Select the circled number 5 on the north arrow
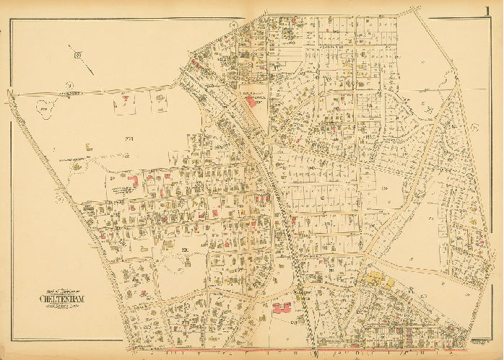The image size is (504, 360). [x=77, y=51]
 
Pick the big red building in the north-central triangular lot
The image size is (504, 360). [x=251, y=102]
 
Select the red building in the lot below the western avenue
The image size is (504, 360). [x=126, y=97]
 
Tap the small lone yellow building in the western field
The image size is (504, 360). [x=87, y=147]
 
